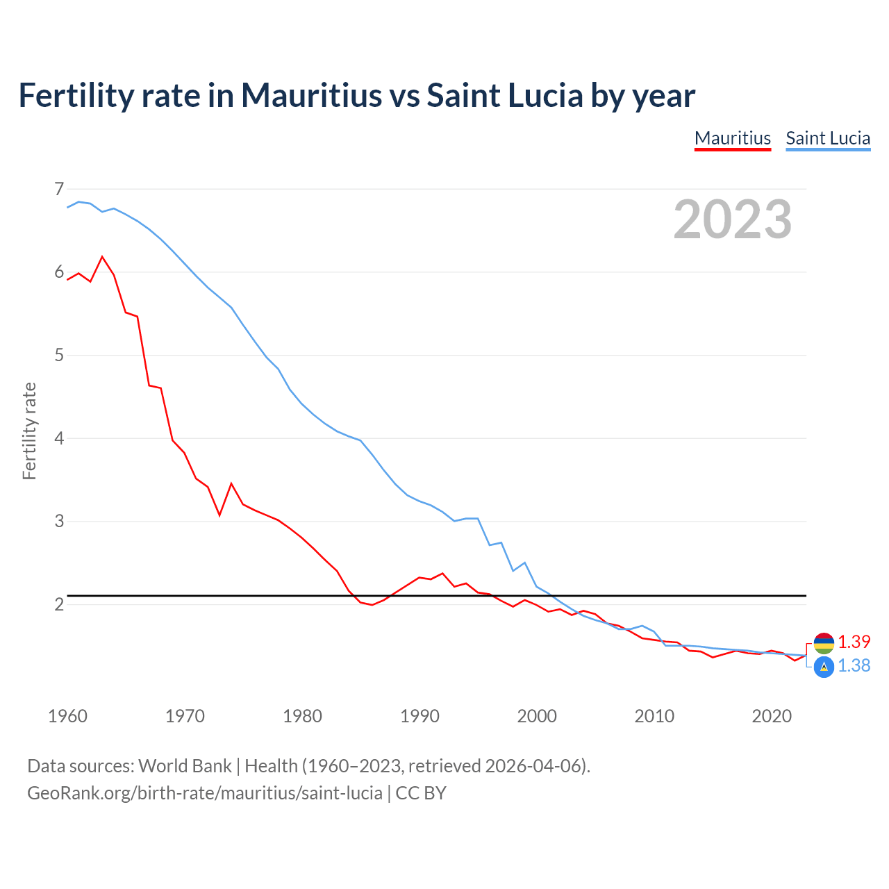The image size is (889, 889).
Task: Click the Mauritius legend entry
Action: click(733, 138)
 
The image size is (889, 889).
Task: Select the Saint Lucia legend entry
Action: click(828, 138)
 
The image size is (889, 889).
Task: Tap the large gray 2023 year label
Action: click(733, 219)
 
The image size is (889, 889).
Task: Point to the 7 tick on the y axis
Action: click(59, 189)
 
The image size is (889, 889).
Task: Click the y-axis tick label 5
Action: click(59, 356)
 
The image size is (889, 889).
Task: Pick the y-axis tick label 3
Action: click(59, 521)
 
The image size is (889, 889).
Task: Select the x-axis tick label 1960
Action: click(67, 716)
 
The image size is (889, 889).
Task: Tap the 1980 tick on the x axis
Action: click(302, 716)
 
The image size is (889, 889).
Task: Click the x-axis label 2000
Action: click(537, 716)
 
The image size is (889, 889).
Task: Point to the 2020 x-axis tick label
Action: click(772, 716)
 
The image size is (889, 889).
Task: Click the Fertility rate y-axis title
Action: click(29, 431)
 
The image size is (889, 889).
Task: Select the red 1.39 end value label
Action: click(854, 642)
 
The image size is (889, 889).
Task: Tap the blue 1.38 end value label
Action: click(854, 665)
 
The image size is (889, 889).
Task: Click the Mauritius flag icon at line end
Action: click(824, 643)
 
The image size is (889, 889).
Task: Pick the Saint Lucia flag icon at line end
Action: click(824, 667)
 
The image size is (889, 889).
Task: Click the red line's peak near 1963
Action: click(103, 257)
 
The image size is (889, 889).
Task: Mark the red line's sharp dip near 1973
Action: click(219, 515)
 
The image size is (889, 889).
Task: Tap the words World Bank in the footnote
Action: click(185, 766)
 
